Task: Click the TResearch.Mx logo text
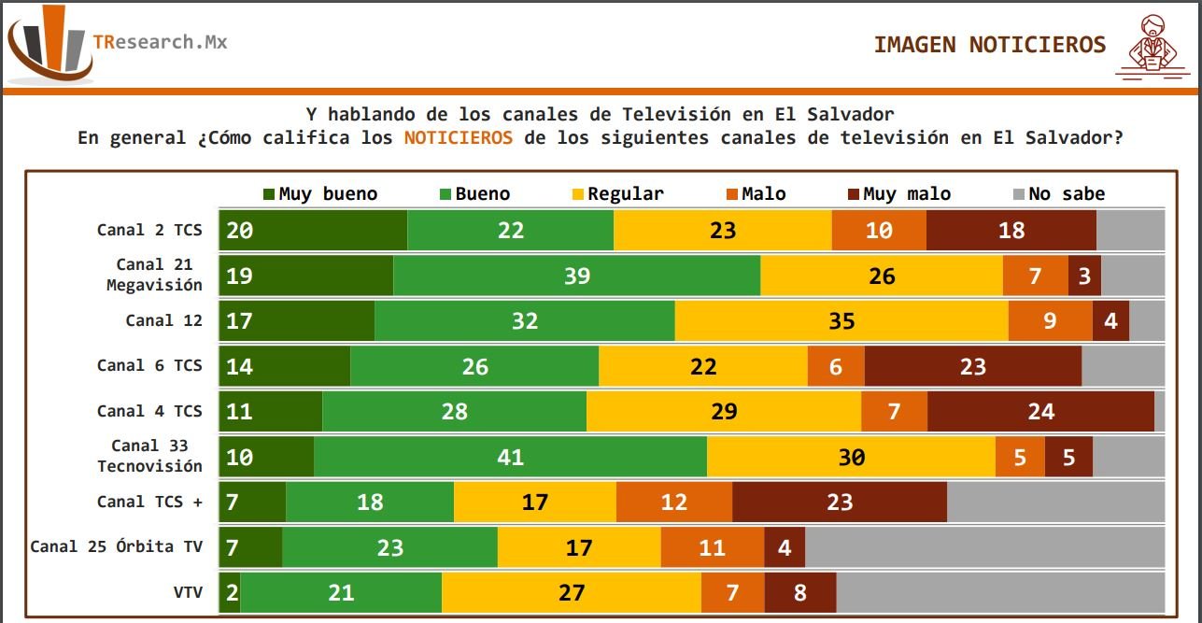pyautogui.click(x=160, y=42)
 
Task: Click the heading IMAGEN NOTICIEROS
pyautogui.click(x=989, y=45)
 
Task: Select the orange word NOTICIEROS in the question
pyautogui.click(x=458, y=137)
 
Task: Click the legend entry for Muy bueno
pyautogui.click(x=320, y=194)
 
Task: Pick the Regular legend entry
pyautogui.click(x=616, y=194)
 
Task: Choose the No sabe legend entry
pyautogui.click(x=1058, y=194)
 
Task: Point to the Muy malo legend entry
pyautogui.click(x=898, y=194)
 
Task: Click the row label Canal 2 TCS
pyautogui.click(x=149, y=230)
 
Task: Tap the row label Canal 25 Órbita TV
pyautogui.click(x=116, y=545)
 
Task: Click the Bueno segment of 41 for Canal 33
pyautogui.click(x=510, y=457)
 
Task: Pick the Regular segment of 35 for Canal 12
pyautogui.click(x=841, y=320)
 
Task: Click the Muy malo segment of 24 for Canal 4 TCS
pyautogui.click(x=1040, y=411)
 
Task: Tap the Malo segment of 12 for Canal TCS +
pyautogui.click(x=673, y=502)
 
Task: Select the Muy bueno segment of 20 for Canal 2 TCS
pyautogui.click(x=313, y=230)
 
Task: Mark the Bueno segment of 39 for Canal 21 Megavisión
pyautogui.click(x=576, y=276)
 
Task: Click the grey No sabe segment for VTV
pyautogui.click(x=999, y=592)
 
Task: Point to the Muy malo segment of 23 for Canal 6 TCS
pyautogui.click(x=972, y=366)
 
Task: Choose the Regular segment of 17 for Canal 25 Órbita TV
pyautogui.click(x=578, y=547)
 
